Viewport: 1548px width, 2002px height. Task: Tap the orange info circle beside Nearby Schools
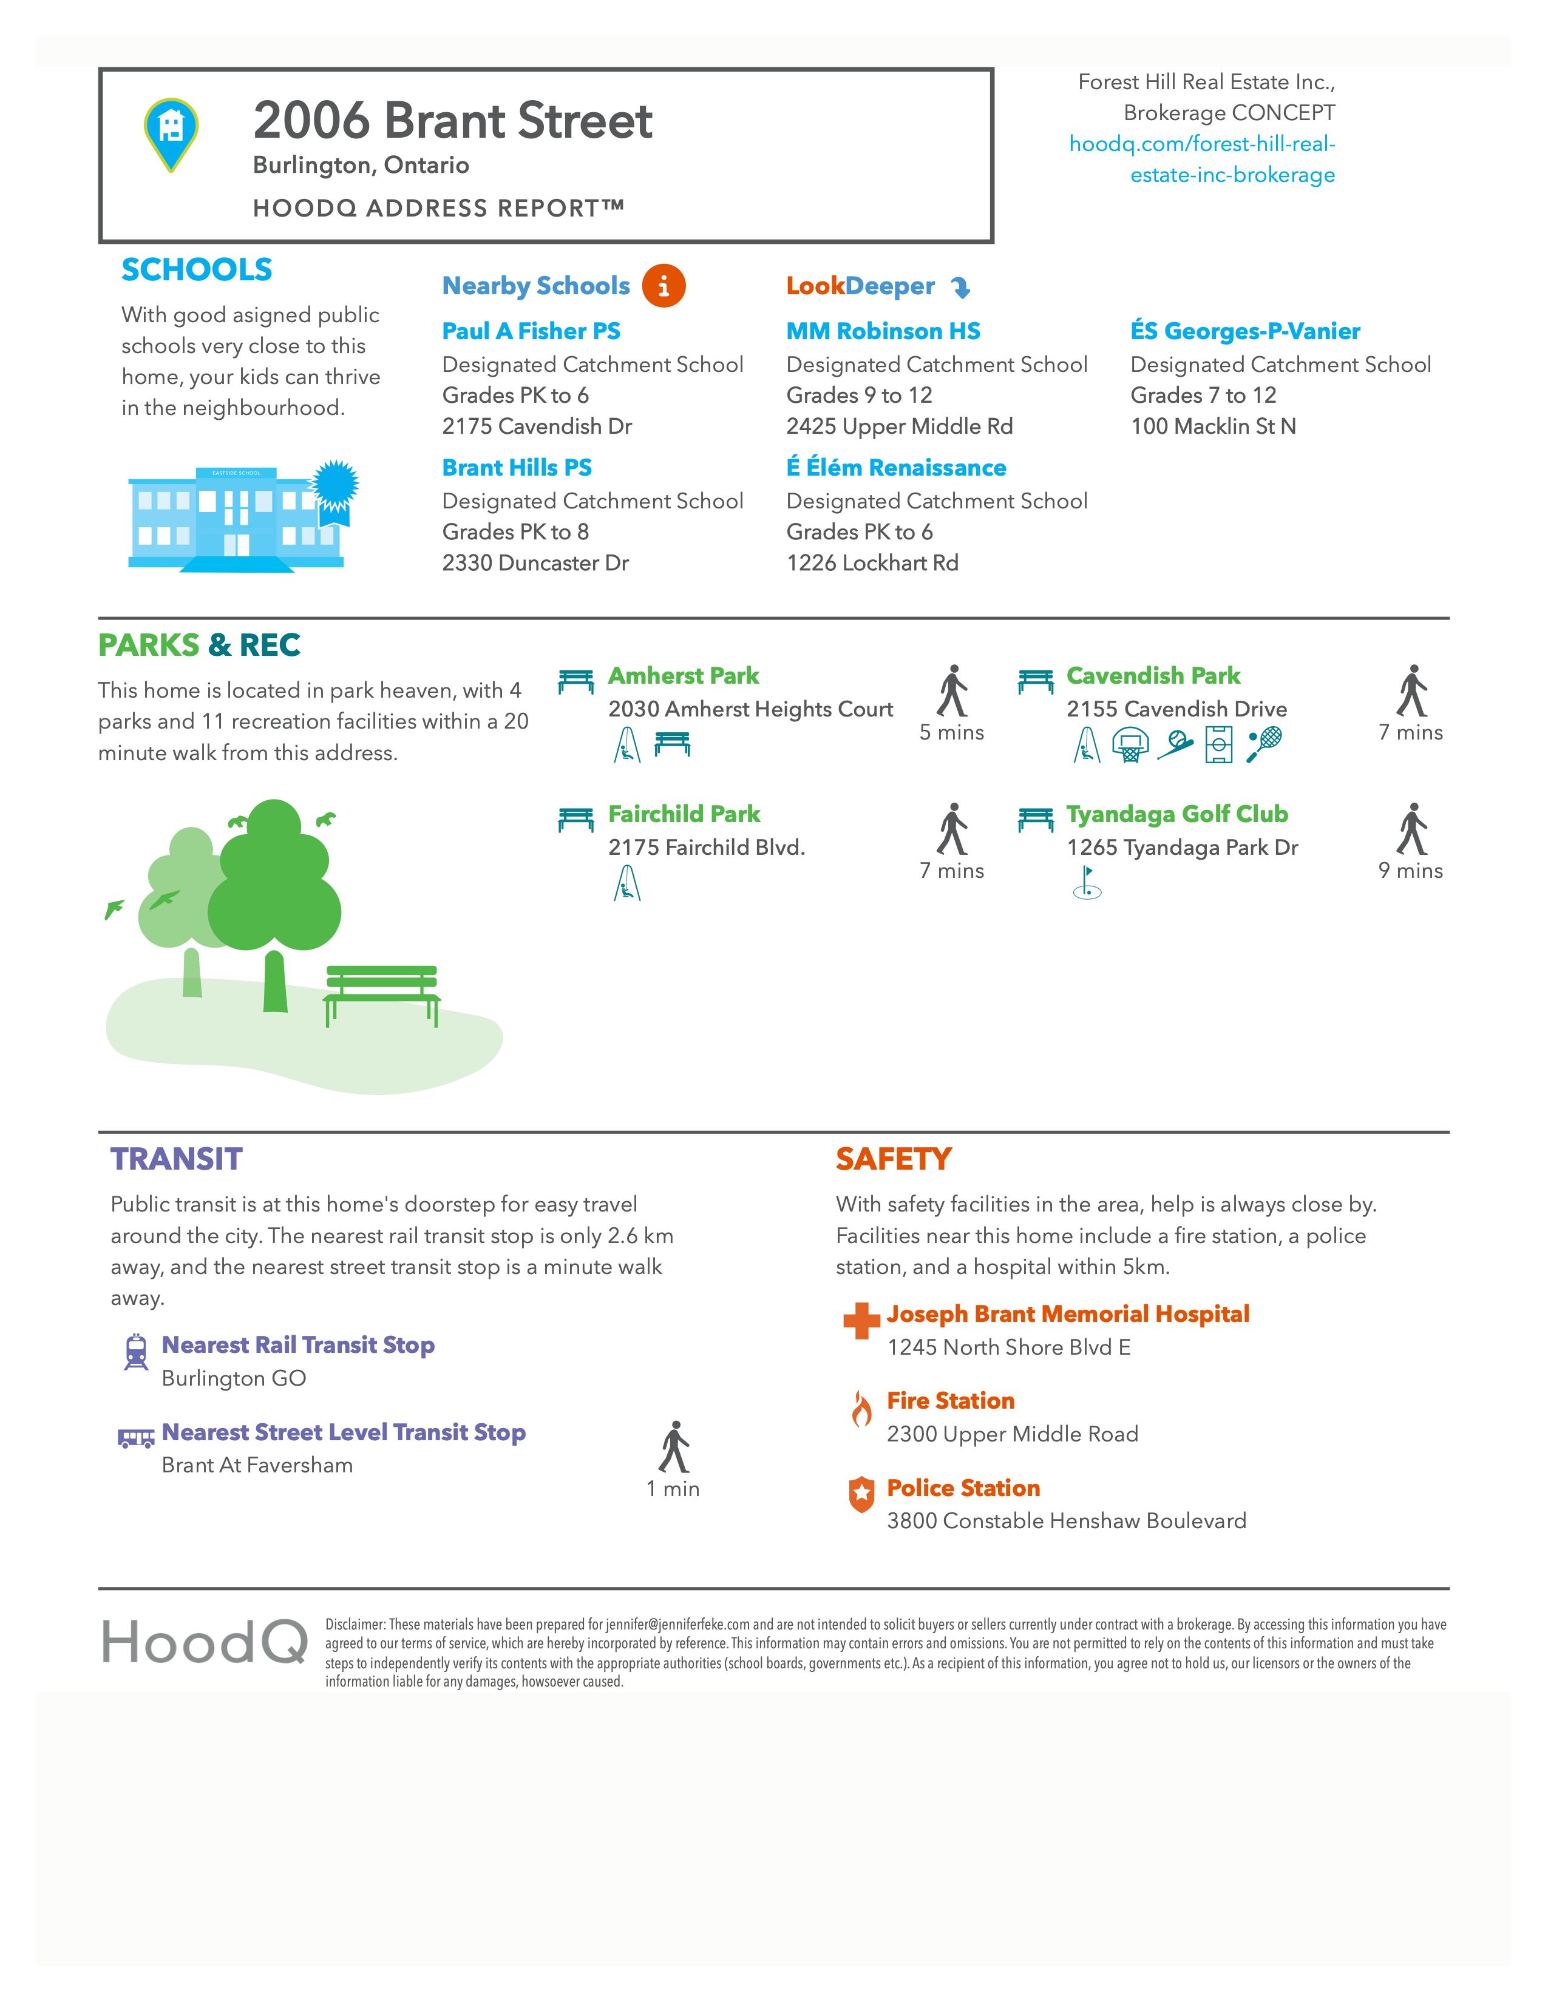(663, 286)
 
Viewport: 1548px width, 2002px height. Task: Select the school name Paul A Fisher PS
(531, 331)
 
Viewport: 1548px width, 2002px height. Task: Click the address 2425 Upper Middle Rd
(898, 426)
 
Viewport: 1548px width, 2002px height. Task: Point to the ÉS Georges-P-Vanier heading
(1244, 331)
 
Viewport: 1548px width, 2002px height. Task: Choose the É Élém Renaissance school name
(896, 468)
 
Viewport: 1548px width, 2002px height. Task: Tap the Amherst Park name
(683, 676)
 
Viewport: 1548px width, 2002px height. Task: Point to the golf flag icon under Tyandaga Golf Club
(1087, 882)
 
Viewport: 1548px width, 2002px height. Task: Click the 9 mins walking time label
(1410, 871)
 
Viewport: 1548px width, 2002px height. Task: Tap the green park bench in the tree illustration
(381, 994)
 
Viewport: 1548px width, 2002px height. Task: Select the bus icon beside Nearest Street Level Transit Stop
(136, 1437)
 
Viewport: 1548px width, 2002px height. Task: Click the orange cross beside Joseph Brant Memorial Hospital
(861, 1321)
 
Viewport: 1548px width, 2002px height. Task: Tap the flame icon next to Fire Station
(861, 1409)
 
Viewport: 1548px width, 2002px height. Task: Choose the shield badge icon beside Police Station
(861, 1495)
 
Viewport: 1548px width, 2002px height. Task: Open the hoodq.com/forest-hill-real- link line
(1201, 144)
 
